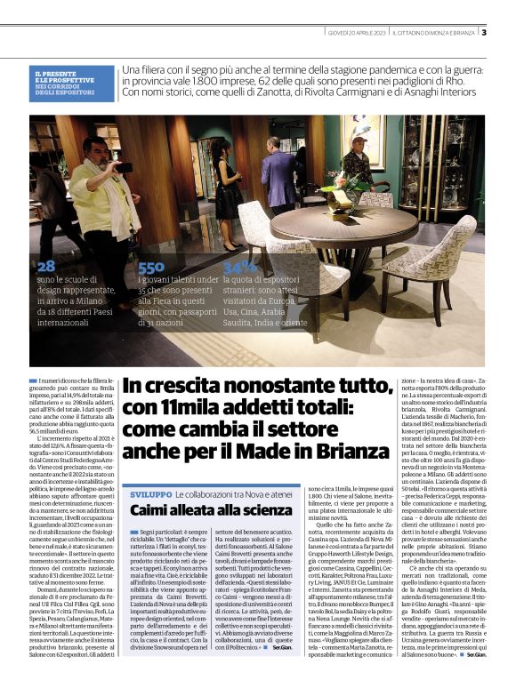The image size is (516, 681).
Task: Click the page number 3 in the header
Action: click(x=483, y=33)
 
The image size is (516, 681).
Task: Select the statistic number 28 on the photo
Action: click(x=46, y=266)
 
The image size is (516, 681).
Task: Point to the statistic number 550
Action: click(x=151, y=267)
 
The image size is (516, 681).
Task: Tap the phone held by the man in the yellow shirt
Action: click(x=124, y=166)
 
